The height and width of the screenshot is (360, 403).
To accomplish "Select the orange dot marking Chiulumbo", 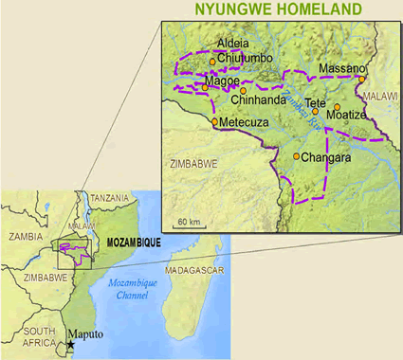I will point(212,63).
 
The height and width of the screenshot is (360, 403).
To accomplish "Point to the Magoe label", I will point(223,81).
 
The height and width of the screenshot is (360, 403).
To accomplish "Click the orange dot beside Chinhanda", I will point(243,91).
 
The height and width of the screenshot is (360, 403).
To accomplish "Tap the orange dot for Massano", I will point(361,80).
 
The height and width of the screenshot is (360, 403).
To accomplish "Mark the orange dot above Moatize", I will point(337,105).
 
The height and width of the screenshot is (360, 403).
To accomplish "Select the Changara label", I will point(326,158).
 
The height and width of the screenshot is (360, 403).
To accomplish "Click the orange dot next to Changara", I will point(297,156).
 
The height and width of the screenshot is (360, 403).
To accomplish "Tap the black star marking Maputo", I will point(70,346).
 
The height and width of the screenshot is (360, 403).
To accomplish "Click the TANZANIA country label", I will point(110,197).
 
